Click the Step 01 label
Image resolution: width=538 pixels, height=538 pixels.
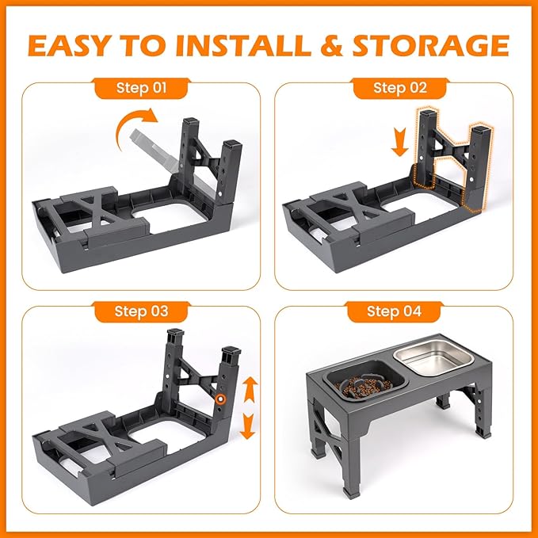point(141,87)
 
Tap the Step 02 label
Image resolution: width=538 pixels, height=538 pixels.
point(400,87)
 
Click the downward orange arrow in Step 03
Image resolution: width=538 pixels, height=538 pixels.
point(248,425)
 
